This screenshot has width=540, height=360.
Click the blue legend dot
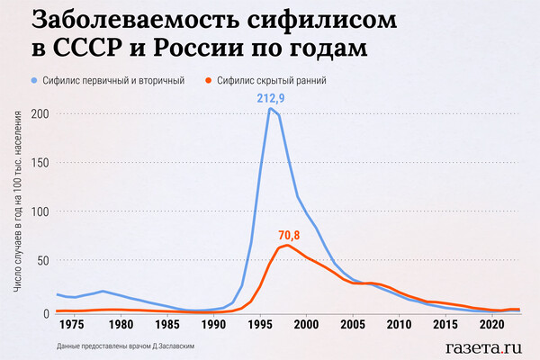[34, 81]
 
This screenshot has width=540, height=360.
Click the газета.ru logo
[483, 345]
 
